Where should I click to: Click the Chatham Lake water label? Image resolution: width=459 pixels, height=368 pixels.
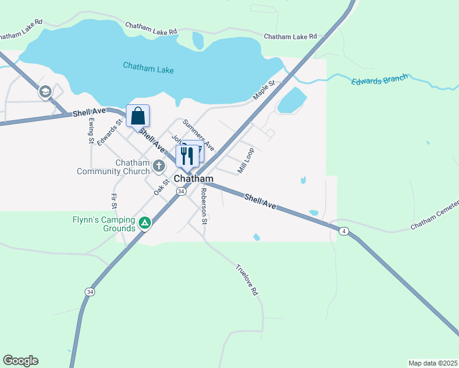(x=148, y=67)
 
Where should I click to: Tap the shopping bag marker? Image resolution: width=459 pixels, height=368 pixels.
(x=138, y=116)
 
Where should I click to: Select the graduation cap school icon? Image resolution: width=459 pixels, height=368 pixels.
(x=45, y=93)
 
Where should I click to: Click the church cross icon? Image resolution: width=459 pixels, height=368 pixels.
(x=159, y=165)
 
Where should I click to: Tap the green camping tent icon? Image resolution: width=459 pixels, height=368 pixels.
(x=144, y=223)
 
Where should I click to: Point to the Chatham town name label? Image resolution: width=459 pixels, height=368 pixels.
(x=193, y=178)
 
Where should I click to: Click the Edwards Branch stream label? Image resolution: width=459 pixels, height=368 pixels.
(x=380, y=81)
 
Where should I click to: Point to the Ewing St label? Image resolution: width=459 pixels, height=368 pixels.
(x=91, y=131)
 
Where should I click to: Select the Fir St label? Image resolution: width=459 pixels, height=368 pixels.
(x=114, y=203)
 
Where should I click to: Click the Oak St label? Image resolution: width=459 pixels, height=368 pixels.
(x=161, y=186)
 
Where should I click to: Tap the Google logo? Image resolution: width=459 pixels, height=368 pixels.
(x=20, y=361)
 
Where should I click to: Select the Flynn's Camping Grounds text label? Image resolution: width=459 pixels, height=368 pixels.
(x=102, y=224)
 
